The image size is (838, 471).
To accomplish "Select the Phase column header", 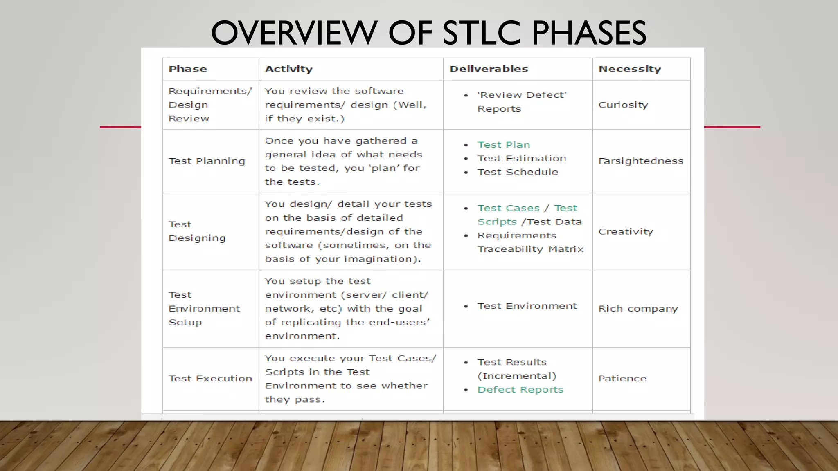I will (x=188, y=69).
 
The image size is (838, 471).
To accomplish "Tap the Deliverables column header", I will (x=489, y=69).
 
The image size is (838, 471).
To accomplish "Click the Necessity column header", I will (x=629, y=69).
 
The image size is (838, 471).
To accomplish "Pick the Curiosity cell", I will (x=623, y=105).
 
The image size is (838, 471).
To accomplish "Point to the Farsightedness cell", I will (x=640, y=161).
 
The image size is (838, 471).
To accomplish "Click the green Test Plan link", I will (x=503, y=145).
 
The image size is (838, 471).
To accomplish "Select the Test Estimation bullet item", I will (x=521, y=159).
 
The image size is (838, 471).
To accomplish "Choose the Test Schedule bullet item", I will (x=517, y=172).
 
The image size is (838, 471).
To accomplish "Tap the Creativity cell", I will (x=625, y=232).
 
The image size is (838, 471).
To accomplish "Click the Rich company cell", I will (x=638, y=309).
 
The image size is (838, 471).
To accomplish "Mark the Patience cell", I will (x=622, y=379).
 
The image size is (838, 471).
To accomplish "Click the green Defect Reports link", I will (x=520, y=390).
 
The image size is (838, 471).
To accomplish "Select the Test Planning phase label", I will (x=207, y=161).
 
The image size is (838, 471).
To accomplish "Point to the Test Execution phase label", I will (x=210, y=379).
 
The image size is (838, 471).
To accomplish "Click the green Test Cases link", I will (x=508, y=208).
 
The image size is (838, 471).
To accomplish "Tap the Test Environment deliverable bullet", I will (x=527, y=306).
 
